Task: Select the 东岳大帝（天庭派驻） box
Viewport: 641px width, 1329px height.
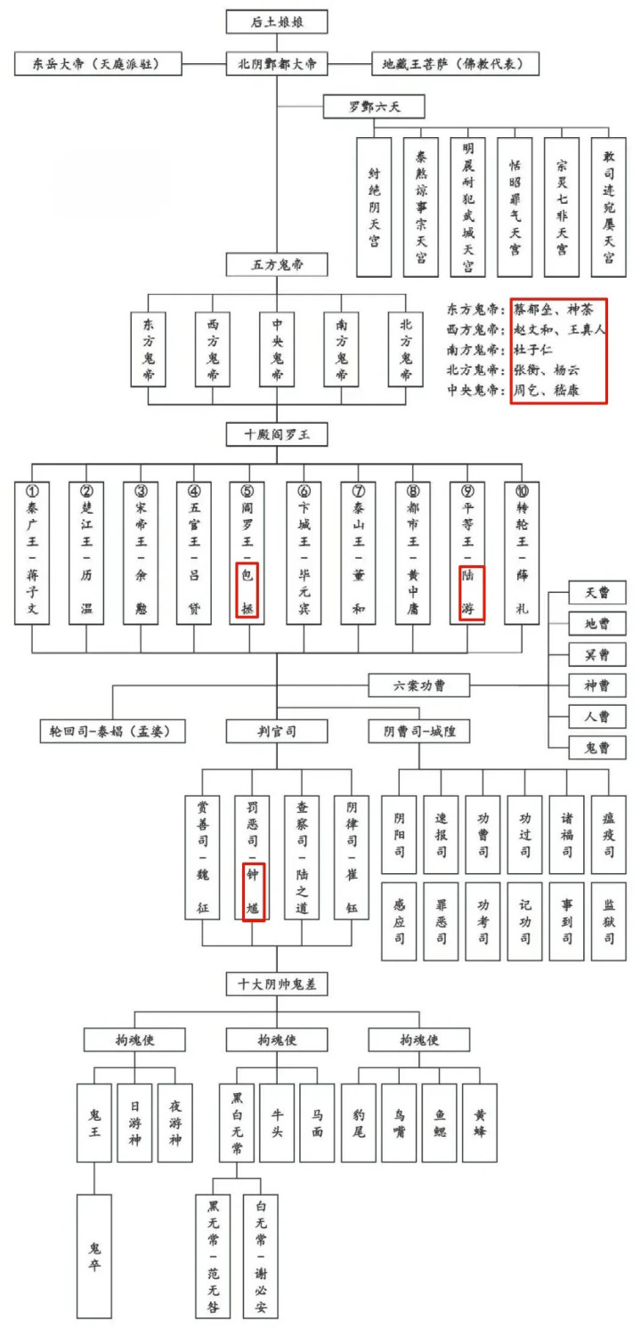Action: click(98, 64)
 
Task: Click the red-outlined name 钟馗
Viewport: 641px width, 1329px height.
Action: click(253, 892)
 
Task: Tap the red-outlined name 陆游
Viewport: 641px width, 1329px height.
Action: click(471, 595)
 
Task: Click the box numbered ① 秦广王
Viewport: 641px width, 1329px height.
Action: click(32, 552)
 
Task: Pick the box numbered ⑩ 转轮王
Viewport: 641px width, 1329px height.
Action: click(522, 552)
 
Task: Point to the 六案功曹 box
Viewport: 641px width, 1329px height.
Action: click(419, 685)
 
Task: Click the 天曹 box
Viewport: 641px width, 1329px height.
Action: click(596, 593)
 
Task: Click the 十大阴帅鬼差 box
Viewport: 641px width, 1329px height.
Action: click(277, 985)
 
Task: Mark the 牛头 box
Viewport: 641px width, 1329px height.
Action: click(277, 1122)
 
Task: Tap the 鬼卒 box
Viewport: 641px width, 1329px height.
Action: click(94, 1255)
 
